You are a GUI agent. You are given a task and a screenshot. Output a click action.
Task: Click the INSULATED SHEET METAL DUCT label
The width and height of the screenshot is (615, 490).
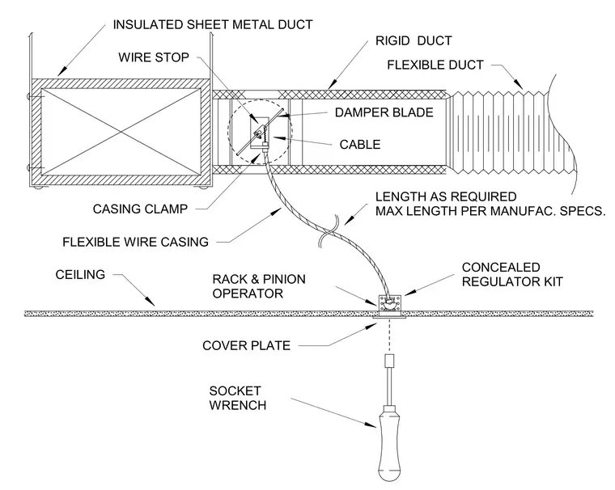213,25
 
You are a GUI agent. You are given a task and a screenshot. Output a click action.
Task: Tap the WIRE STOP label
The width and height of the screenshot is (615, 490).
154,57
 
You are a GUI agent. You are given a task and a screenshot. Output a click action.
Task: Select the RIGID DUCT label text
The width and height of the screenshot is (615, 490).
414,40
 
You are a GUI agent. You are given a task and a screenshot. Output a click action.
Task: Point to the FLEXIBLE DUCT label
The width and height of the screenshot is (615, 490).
435,65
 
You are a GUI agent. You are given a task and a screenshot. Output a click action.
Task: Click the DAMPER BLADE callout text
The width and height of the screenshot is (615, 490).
384,112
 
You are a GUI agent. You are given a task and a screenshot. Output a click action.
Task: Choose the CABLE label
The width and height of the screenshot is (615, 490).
360,145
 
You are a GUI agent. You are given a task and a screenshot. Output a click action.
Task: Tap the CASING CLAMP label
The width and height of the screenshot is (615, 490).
141,209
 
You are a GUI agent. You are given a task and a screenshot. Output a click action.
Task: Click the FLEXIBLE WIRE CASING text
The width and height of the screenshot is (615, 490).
136,242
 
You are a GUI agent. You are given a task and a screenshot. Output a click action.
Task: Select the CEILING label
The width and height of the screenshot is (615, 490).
80,274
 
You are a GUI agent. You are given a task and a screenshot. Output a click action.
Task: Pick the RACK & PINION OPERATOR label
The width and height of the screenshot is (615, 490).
259,286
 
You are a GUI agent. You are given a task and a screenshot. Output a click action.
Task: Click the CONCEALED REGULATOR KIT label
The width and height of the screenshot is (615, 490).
512,274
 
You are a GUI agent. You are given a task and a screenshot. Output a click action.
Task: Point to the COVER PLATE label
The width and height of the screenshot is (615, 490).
246,346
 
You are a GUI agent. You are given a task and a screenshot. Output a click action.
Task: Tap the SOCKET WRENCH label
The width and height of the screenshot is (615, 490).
237,398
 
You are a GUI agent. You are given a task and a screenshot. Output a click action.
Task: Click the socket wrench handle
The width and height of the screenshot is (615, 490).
389,443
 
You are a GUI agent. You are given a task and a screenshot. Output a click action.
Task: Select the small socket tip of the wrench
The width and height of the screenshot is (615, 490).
389,361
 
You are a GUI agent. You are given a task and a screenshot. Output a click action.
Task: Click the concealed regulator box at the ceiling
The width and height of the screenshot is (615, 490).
389,305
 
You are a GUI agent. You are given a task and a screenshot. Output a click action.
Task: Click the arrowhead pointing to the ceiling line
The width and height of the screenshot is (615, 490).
151,301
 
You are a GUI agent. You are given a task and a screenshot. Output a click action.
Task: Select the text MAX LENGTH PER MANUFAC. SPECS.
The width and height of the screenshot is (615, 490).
490,211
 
